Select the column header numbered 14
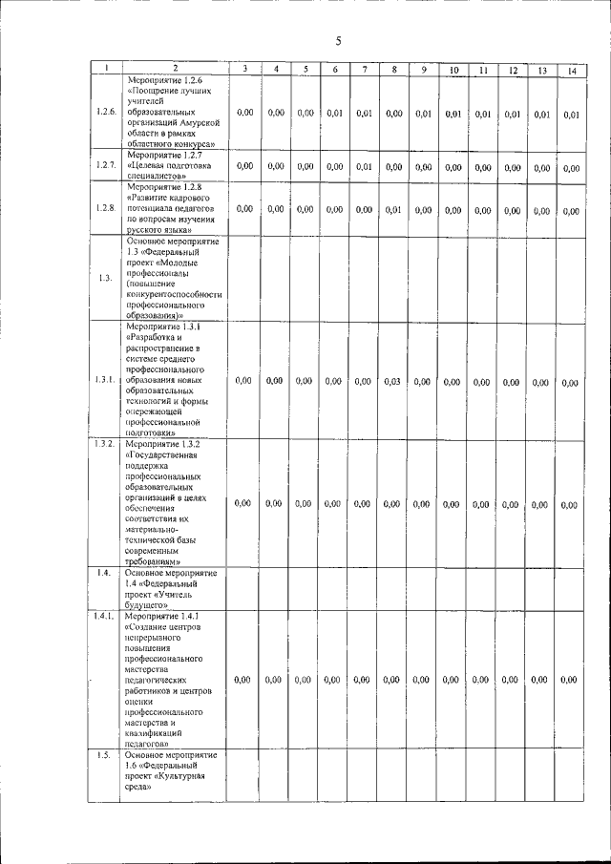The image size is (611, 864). tap(571, 70)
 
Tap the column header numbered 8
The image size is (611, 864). tap(393, 69)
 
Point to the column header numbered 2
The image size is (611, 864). tap(175, 68)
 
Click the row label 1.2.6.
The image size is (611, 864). tap(106, 113)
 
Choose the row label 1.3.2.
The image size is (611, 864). tap(106, 444)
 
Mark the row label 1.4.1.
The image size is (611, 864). tap(106, 618)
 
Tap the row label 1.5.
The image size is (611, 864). tap(104, 755)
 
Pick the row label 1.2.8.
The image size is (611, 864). tap(106, 208)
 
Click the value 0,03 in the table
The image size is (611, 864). tap(391, 382)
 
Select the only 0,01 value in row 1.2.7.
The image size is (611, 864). tap(363, 167)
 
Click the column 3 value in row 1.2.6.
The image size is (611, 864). tap(244, 113)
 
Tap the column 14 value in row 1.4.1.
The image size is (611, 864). tap(569, 680)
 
